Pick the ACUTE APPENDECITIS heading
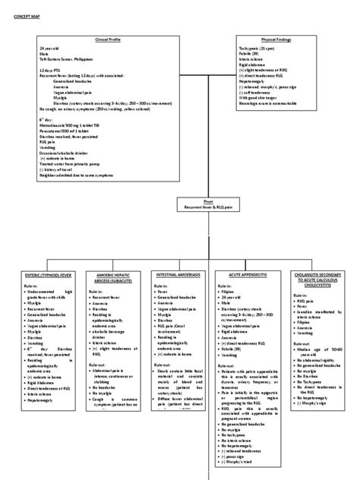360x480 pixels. click(242, 276)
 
